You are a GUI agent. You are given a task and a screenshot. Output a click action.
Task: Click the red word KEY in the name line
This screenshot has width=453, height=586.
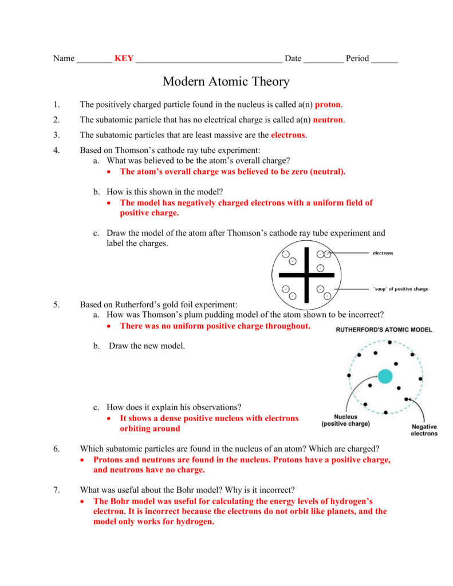124,58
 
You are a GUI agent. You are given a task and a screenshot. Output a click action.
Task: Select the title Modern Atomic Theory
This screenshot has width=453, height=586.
226,82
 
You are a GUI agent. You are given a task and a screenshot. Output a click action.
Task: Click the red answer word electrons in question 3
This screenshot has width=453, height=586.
289,135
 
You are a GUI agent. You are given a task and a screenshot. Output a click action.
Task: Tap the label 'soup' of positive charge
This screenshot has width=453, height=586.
400,289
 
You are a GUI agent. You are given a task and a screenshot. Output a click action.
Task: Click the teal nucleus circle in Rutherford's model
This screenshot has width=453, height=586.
385,377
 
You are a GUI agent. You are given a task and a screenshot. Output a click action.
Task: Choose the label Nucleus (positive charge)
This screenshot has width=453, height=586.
345,421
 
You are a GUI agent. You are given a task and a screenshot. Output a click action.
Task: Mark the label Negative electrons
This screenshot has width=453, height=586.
424,430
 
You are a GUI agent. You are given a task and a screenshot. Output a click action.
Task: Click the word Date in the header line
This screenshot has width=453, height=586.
293,58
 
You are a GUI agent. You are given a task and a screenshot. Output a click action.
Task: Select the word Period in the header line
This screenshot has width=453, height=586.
357,58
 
